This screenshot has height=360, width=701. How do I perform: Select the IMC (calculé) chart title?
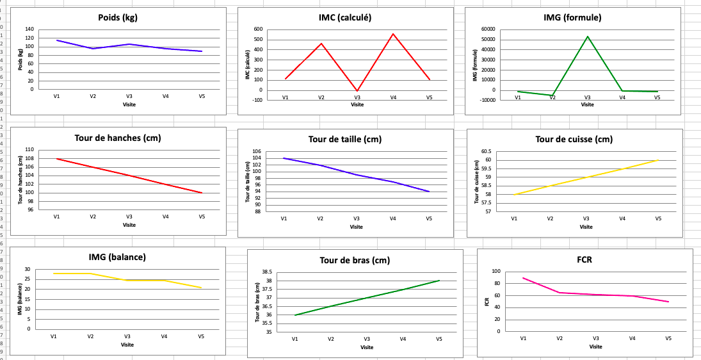[x=345, y=17]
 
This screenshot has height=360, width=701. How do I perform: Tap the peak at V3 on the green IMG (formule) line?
[x=587, y=36]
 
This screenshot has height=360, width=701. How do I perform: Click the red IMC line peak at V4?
[x=393, y=34]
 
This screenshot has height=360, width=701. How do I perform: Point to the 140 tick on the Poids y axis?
[x=29, y=29]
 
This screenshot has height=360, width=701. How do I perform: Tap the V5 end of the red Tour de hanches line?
[x=202, y=193]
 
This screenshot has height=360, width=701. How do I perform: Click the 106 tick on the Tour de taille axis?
[x=257, y=152]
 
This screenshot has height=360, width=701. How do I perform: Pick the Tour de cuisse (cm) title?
[x=574, y=139]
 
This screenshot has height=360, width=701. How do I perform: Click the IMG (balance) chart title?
[x=117, y=257]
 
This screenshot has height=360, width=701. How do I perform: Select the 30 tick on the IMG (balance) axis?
[x=28, y=269]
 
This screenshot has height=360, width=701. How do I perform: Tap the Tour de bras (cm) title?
[x=354, y=260]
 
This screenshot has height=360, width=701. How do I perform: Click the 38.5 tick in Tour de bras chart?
[x=266, y=272]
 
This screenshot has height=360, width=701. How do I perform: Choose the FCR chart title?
[x=585, y=260]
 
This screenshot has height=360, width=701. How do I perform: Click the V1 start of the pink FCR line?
[x=523, y=278]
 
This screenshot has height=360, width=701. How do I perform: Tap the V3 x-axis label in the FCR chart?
[x=596, y=338]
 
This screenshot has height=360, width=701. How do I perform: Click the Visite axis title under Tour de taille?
[x=357, y=227]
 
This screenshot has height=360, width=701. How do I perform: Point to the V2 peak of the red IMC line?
[x=321, y=44]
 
